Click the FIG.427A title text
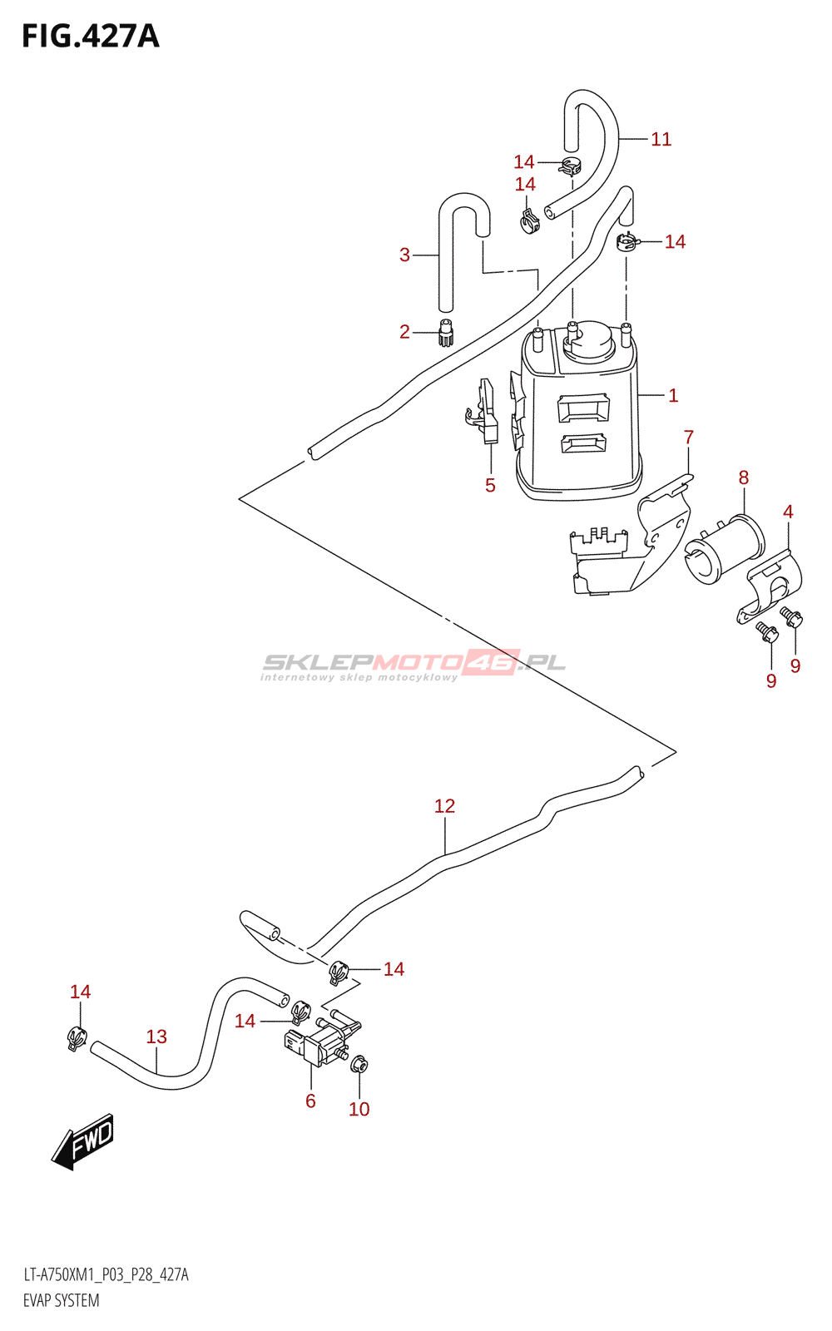(90, 37)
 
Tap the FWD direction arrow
(83, 1141)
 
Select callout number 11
(661, 140)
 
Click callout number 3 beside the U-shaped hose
(404, 255)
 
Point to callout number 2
(404, 332)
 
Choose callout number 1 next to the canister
(673, 395)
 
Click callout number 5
(490, 485)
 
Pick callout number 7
(688, 437)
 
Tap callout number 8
(743, 477)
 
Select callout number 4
(788, 512)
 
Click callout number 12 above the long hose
(444, 806)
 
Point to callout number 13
(156, 1037)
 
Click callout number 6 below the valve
(310, 1101)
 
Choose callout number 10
(359, 1109)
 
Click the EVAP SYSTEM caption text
(62, 1300)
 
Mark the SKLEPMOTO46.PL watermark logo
(414, 664)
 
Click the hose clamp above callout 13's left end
(77, 1037)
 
